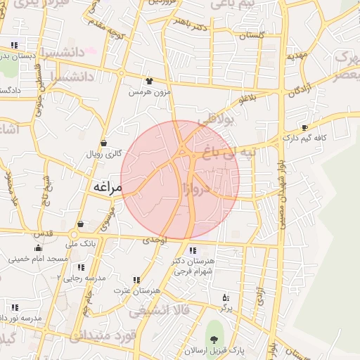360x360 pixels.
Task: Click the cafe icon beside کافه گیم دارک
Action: click(x=304, y=128)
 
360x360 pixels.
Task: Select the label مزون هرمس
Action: click(x=148, y=92)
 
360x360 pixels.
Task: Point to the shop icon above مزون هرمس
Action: click(x=148, y=81)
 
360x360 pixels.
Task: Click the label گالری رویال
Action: click(x=104, y=153)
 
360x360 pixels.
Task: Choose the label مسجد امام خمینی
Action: click(x=38, y=259)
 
